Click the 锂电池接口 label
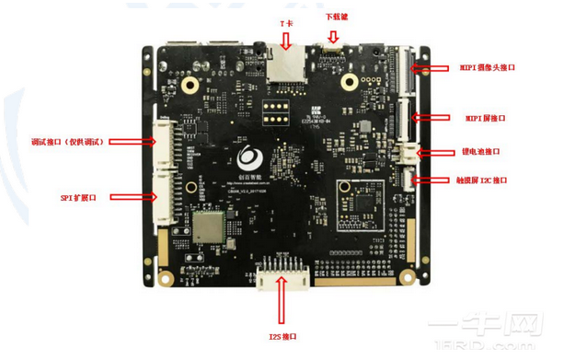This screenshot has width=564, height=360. tap(480, 152)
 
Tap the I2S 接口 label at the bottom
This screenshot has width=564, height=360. tap(282, 338)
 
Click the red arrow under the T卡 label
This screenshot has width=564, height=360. tap(288, 40)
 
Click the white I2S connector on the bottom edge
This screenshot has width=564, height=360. tap(282, 273)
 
